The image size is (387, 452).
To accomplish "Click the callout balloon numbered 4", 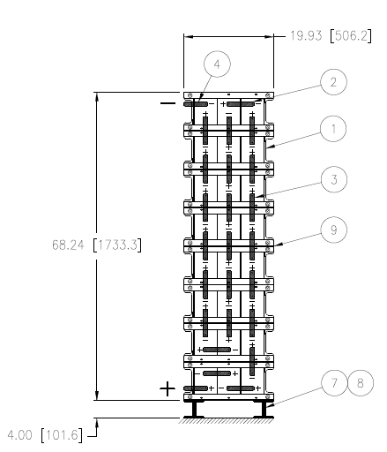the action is click(x=217, y=64).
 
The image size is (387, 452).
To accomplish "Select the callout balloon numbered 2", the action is click(x=333, y=82).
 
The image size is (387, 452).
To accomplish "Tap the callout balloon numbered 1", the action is click(x=333, y=129).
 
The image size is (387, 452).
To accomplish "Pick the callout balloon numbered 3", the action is click(x=334, y=179).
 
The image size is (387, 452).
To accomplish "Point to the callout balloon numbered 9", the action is click(x=333, y=230).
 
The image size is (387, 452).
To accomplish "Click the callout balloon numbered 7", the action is click(x=334, y=383).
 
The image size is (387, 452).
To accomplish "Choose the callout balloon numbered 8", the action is click(x=361, y=383).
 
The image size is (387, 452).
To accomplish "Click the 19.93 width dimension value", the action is click(x=306, y=35).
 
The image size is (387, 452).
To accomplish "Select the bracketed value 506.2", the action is click(x=351, y=35).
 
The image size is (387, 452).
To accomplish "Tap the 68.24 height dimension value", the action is click(x=68, y=245).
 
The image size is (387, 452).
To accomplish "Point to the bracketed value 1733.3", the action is click(x=117, y=245).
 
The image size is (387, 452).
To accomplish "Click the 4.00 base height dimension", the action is click(x=19, y=435).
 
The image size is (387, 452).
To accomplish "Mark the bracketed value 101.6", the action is click(x=62, y=435).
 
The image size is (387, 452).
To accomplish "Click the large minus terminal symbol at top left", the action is click(x=167, y=103).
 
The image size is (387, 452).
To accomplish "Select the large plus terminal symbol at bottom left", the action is click(x=167, y=388).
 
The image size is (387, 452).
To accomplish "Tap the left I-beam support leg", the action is click(x=194, y=409).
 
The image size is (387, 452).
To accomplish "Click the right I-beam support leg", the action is click(x=264, y=409).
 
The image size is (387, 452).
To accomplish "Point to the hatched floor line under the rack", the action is click(x=227, y=420).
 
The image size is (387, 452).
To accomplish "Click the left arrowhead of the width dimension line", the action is click(x=189, y=37).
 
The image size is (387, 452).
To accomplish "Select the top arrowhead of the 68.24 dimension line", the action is click(x=97, y=97).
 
